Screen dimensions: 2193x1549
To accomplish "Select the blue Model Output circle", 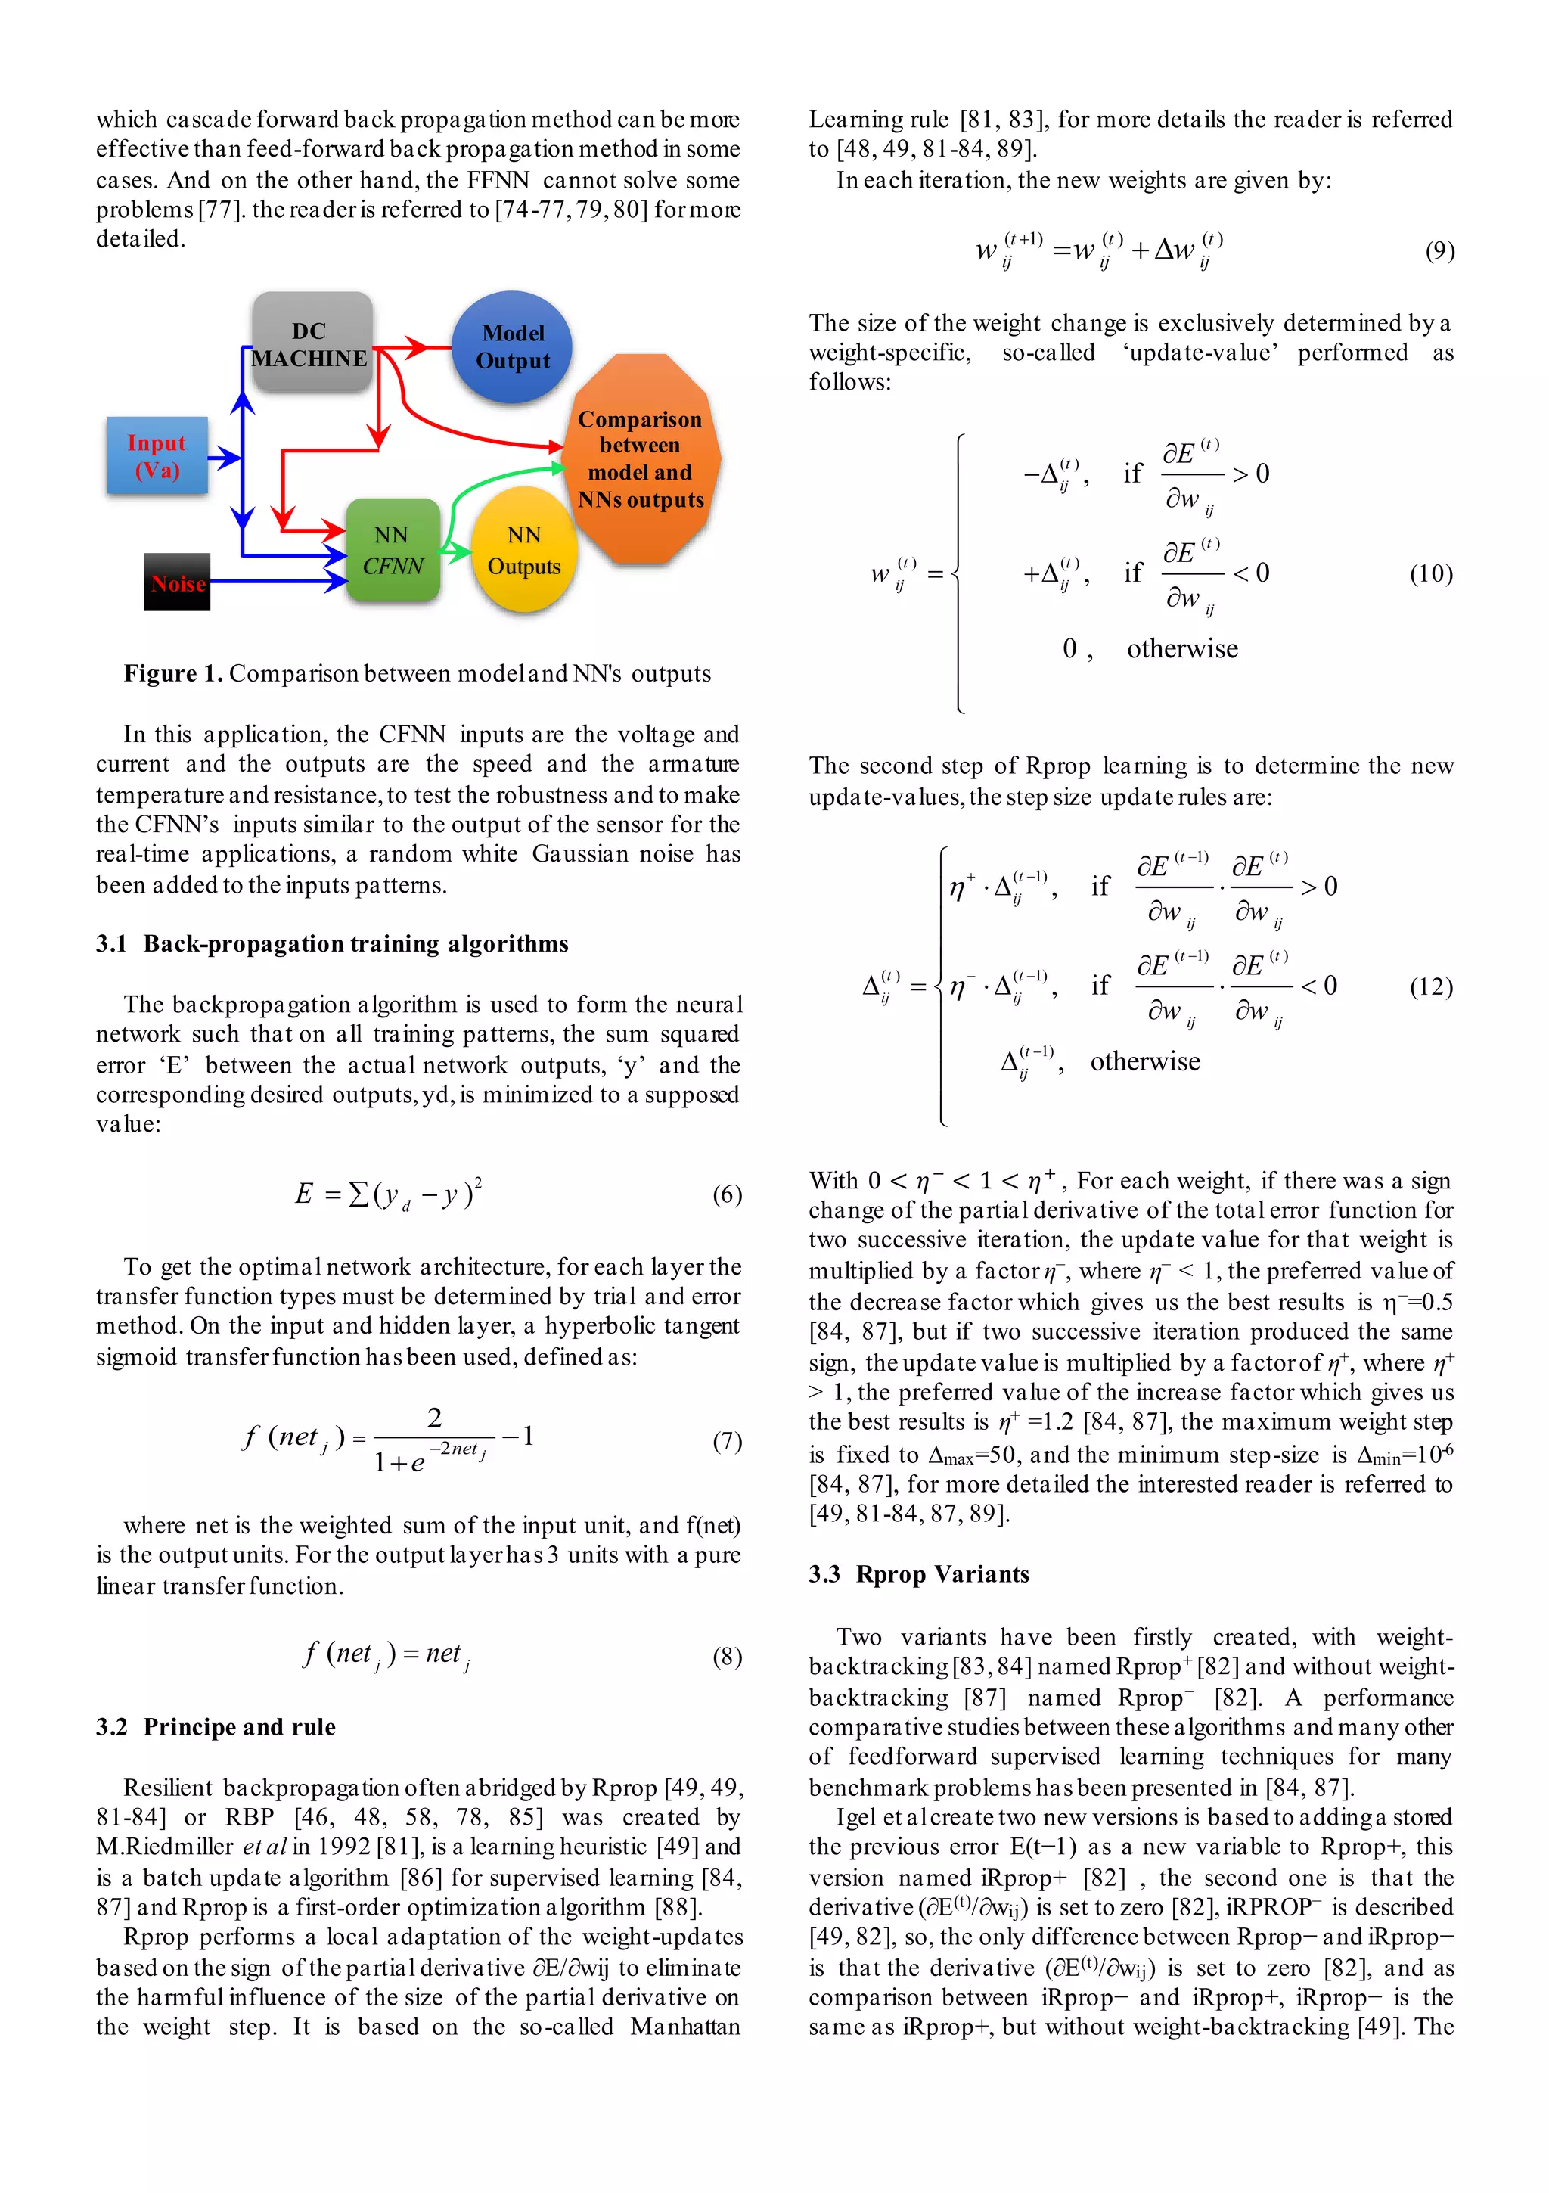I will coord(512,346).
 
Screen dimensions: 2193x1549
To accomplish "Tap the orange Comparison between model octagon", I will coord(640,459).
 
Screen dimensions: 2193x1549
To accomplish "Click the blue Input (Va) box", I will coord(157,455).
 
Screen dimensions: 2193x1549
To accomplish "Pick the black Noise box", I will coord(178,582).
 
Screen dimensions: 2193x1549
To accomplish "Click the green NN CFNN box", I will coord(393,550).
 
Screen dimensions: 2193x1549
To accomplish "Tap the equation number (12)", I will coord(1430,986).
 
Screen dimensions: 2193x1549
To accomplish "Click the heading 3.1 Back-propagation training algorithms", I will coord(331,943).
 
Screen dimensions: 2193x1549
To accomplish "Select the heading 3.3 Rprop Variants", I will coord(919,1574).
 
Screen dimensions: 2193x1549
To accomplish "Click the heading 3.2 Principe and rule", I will coord(216,1727).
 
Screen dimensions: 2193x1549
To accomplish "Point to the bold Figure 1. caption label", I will coord(173,673).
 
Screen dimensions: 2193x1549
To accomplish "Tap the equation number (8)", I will coord(726,1656).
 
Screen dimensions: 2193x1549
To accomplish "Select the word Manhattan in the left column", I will coord(684,2026).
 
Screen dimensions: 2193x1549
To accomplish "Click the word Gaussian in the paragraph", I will coord(579,854).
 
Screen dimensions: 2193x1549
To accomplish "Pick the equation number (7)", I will coord(726,1440).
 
